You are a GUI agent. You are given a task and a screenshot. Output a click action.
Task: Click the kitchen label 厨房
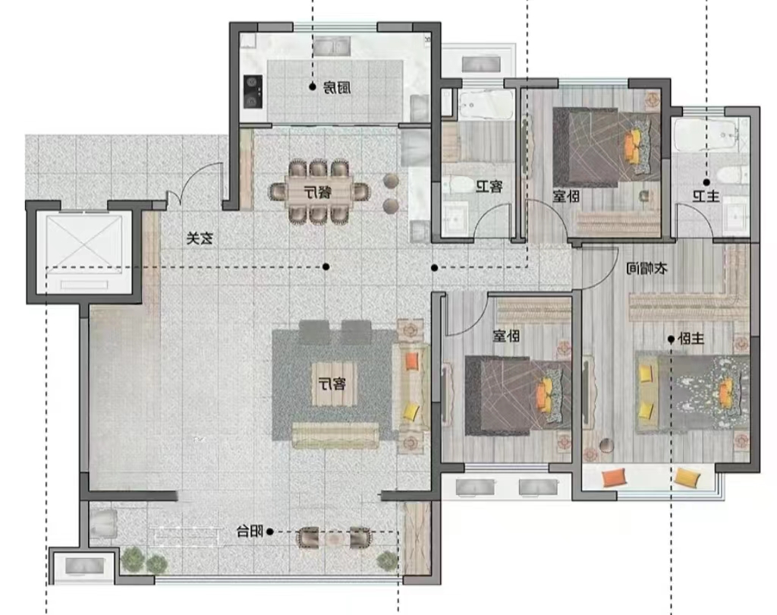click(x=337, y=88)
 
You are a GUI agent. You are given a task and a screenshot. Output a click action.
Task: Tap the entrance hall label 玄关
click(x=200, y=238)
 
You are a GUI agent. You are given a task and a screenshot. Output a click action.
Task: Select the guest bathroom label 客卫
click(x=489, y=187)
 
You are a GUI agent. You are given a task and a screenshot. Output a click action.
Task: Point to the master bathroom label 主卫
click(x=706, y=197)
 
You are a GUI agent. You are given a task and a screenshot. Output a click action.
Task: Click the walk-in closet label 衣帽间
click(x=646, y=269)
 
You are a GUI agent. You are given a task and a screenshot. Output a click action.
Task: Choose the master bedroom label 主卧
click(x=690, y=339)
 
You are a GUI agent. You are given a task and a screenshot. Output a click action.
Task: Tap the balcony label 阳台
click(x=250, y=531)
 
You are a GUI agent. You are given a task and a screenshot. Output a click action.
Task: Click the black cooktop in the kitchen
click(x=253, y=92)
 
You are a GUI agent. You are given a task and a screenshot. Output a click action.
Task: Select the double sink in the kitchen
click(x=332, y=47)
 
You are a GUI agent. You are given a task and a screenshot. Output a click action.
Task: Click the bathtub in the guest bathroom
click(x=485, y=104)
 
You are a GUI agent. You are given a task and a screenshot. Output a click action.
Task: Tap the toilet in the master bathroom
click(x=733, y=175)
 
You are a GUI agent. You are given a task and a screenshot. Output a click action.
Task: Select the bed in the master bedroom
click(x=692, y=393)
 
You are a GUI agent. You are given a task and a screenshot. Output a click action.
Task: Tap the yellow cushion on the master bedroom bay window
click(x=687, y=478)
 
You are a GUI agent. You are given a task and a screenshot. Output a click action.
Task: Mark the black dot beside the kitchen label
click(x=313, y=87)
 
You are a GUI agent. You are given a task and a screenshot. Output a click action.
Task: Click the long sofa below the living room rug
click(x=335, y=435)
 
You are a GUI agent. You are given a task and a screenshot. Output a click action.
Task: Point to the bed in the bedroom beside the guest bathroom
click(x=607, y=147)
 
